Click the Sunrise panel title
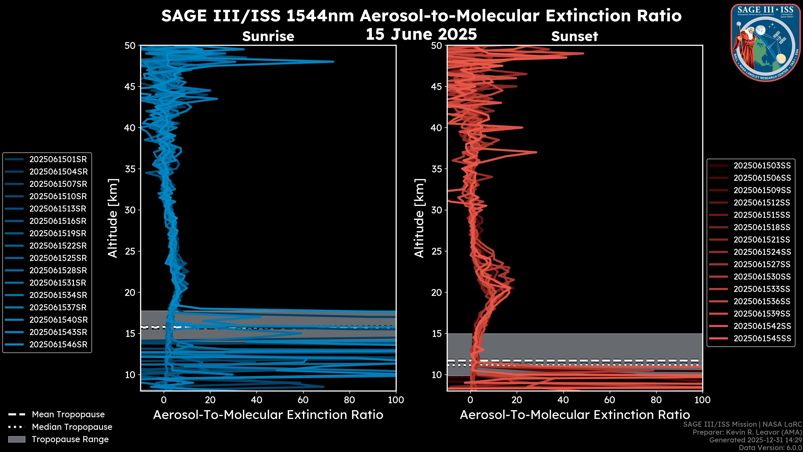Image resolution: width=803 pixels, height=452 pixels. point(268,36)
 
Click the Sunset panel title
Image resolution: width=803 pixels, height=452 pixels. point(574,36)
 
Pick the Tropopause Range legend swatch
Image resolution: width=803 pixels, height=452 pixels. point(17,439)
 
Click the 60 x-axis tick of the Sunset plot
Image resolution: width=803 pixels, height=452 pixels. point(610,400)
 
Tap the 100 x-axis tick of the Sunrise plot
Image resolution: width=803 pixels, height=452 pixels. point(396,400)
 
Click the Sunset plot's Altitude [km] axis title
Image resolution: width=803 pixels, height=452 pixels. point(419,218)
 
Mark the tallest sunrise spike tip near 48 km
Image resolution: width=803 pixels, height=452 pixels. point(333,62)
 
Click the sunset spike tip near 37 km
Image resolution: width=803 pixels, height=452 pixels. point(536,152)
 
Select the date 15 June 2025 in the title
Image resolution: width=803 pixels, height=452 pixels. point(421,34)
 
